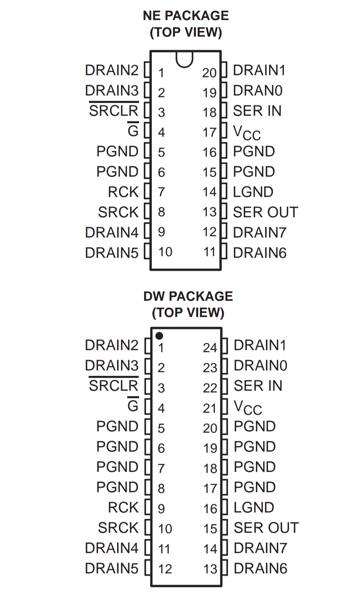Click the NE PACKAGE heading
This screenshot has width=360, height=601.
[186, 16]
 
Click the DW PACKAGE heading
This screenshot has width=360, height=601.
[188, 296]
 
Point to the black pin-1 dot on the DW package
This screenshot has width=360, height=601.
[159, 336]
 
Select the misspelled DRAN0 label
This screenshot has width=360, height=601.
[257, 91]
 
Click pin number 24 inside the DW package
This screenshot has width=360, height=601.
[210, 348]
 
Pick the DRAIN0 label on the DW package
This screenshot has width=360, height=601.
[260, 366]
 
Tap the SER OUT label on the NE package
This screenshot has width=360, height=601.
[265, 212]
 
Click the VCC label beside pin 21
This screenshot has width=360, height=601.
[248, 408]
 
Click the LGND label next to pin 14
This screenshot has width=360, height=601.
[253, 192]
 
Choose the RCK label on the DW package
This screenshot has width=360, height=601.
[123, 508]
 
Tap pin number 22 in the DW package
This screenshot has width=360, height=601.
[210, 388]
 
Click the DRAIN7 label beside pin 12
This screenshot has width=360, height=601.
[260, 233]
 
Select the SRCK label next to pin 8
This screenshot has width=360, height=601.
[118, 212]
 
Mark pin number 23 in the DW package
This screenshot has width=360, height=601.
[210, 368]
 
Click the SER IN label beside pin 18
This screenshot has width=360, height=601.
[257, 111]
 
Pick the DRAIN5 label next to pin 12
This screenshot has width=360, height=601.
[112, 569]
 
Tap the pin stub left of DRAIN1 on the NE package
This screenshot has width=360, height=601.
[224, 70]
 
